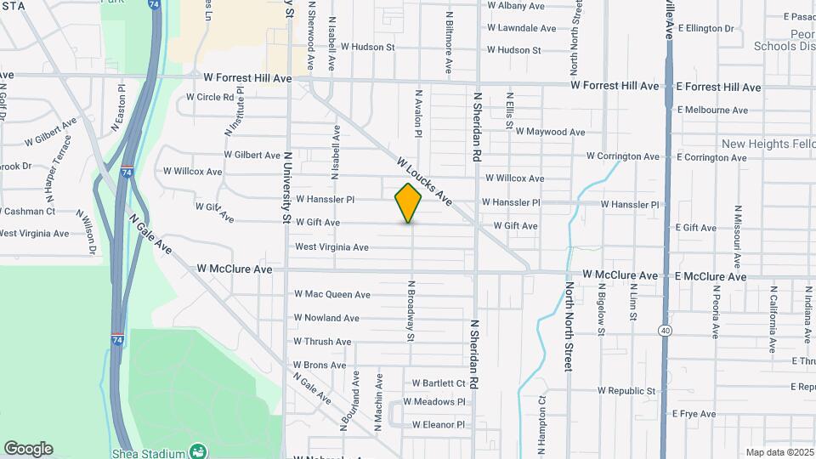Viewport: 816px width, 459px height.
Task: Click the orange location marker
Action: (409, 202)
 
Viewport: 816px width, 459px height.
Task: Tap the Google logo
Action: (28, 449)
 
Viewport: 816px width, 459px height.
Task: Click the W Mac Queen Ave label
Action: (332, 294)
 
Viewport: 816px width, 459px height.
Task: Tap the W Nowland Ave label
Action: (326, 318)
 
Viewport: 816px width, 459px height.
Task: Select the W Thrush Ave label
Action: (322, 342)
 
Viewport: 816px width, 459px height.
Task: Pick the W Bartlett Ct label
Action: (439, 383)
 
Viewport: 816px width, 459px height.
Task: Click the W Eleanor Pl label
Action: (439, 424)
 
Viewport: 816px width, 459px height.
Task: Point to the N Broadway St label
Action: (411, 311)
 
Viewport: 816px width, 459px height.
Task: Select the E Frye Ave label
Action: (694, 414)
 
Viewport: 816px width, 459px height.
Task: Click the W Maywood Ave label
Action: (549, 132)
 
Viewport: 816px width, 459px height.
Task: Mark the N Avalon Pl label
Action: (418, 113)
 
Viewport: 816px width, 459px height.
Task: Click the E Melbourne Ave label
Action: (712, 110)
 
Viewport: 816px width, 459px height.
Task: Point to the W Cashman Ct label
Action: (28, 211)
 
